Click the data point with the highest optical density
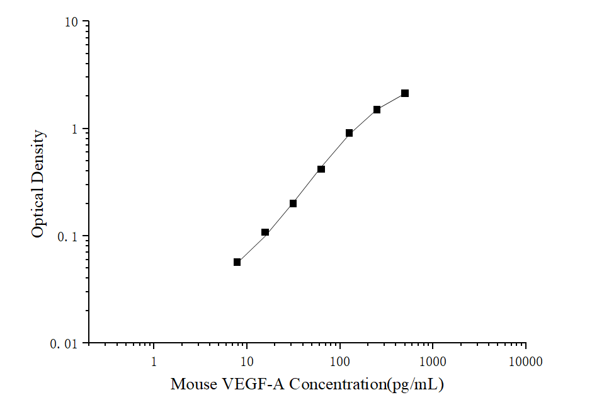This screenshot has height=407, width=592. coord(405,93)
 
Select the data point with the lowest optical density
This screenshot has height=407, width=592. coord(237,262)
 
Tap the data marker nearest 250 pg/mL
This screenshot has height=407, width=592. coord(377,110)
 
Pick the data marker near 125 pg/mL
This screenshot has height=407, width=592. coord(349,133)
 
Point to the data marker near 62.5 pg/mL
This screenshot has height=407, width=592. coord(321,169)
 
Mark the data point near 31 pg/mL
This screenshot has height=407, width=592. coord(293,203)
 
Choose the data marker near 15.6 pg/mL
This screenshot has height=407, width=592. coord(265,232)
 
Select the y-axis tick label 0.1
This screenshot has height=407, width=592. coord(69,236)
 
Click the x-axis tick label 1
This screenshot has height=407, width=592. coord(154,362)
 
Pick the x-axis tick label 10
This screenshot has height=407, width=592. coord(247,362)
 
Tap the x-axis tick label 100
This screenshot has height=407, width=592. coord(340,362)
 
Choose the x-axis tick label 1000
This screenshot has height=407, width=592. coord(433,362)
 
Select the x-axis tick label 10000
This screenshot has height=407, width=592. coord(526,362)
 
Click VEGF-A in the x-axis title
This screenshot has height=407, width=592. coord(246,384)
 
